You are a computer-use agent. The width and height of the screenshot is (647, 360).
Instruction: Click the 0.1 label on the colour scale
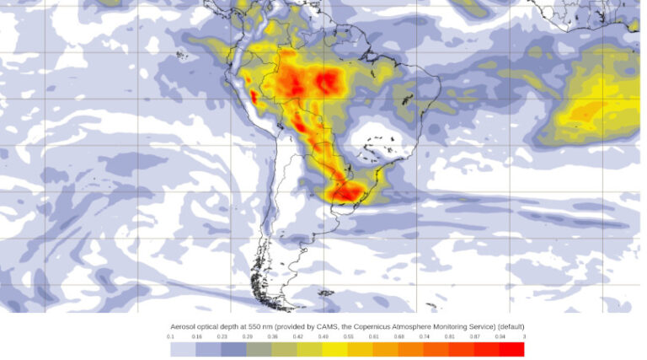click(x=171, y=336)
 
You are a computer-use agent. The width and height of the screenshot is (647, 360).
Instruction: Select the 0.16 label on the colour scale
click(x=196, y=336)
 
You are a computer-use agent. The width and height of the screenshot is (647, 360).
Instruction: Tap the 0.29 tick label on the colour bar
click(x=247, y=336)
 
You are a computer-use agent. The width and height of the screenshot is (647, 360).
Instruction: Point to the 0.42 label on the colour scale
click(x=297, y=336)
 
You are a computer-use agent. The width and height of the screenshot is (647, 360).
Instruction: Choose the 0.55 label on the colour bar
click(x=348, y=336)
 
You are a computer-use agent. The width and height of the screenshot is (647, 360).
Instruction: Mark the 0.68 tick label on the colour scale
click(x=398, y=336)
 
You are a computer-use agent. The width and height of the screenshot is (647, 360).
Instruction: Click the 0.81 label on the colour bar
click(x=449, y=336)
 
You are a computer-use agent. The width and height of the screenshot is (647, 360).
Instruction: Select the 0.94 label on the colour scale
click(x=500, y=336)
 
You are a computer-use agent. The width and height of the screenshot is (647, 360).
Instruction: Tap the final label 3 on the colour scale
click(x=523, y=336)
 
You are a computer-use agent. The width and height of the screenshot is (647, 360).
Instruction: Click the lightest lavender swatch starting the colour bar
click(x=183, y=348)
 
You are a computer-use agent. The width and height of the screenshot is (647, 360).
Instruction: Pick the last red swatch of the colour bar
click(x=511, y=348)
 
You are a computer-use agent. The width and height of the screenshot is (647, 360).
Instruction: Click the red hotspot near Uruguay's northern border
click(x=346, y=193)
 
